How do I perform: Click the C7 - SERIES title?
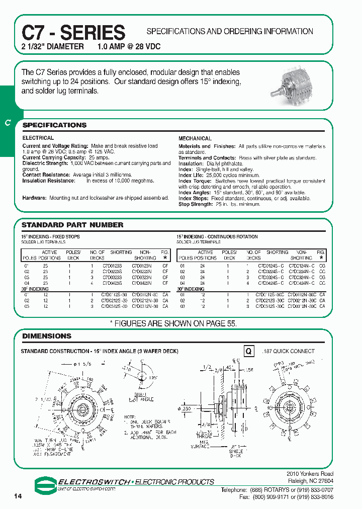pos(73,33)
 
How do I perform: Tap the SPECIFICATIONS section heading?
pos(54,125)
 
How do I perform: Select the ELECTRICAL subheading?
pos(38,138)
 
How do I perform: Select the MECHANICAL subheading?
pos(195,138)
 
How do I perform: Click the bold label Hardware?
pos(34,198)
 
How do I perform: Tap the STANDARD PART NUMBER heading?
pos(72,225)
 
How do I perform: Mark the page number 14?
pos(18,496)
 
